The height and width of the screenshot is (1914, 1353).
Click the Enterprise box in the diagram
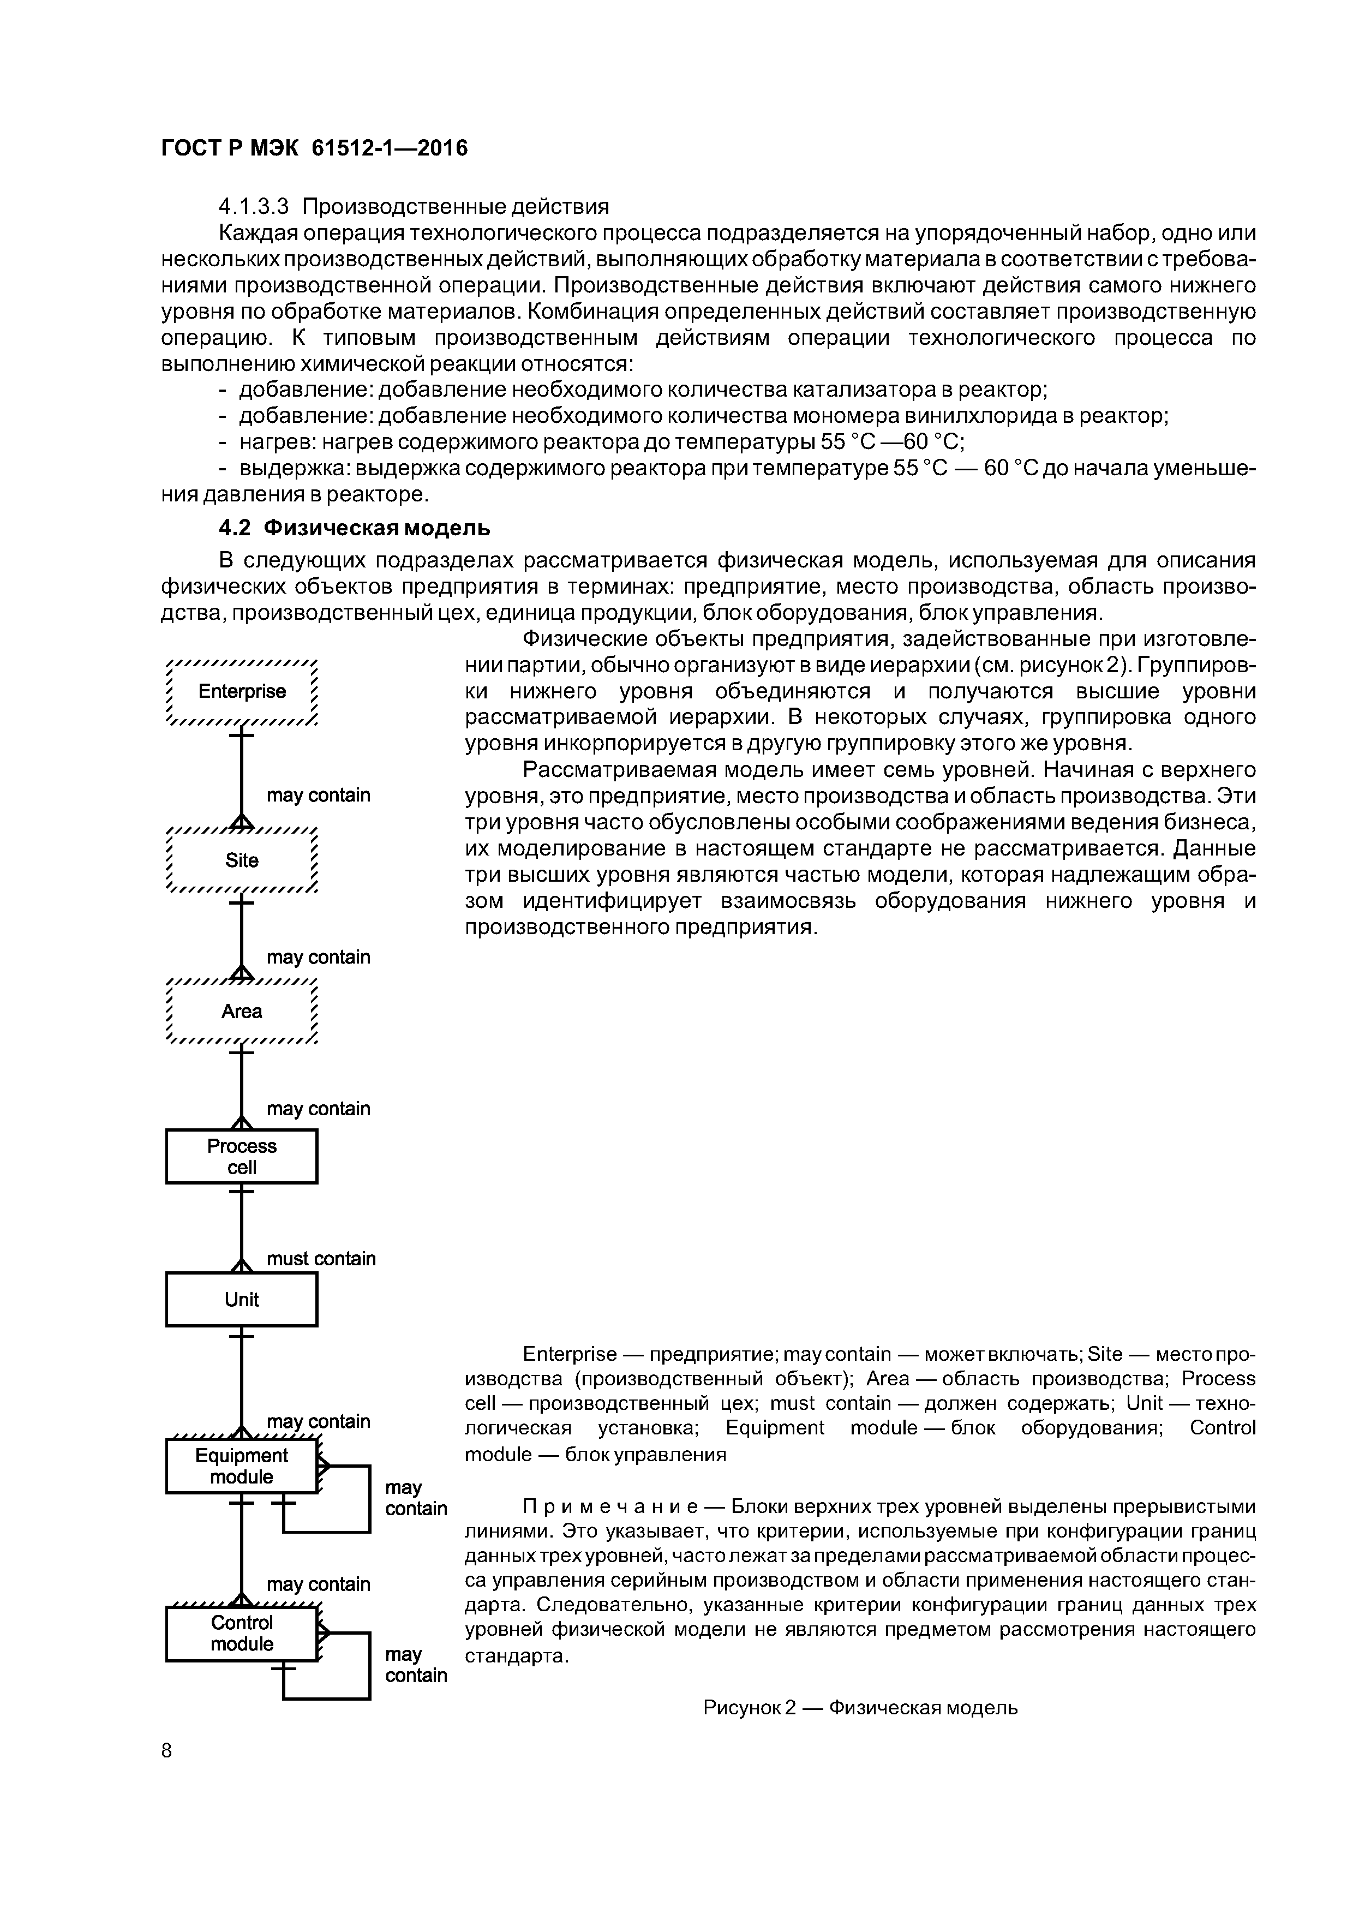pyautogui.click(x=242, y=692)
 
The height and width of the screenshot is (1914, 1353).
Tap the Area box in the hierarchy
pyautogui.click(x=242, y=1011)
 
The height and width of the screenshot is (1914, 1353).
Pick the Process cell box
pyautogui.click(x=242, y=1156)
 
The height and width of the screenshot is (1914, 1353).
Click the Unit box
pyautogui.click(x=242, y=1300)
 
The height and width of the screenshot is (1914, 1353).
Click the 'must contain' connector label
pyautogui.click(x=321, y=1259)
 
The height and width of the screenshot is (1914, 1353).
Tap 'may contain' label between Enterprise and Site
pyautogui.click(x=319, y=795)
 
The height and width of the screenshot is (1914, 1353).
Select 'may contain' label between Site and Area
pyautogui.click(x=319, y=957)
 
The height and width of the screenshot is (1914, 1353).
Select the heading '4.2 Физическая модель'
pyautogui.click(x=354, y=529)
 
